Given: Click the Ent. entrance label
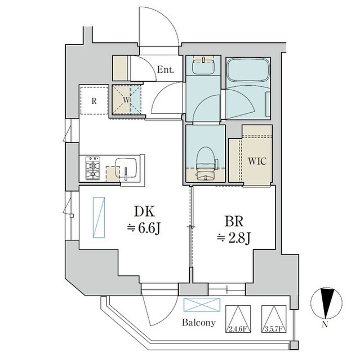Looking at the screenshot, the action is point(165,69).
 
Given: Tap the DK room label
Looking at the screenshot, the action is point(144,212).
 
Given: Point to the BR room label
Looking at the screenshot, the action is point(234,222).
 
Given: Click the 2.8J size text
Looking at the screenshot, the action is point(239,239).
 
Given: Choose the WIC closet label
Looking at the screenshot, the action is point(257,161).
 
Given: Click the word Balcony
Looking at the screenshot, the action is point(199,323).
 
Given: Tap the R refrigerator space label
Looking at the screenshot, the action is point(94,101).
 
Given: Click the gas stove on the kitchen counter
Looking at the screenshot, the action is point(93,168).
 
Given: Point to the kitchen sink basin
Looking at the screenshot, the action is point(126,168).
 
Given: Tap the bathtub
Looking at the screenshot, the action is point(248,70).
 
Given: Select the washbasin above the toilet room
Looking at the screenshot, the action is point(203,65).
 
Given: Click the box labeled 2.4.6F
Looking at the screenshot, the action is point(238,319).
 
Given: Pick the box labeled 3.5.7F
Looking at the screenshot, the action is point(274,319).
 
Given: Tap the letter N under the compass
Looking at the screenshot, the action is point(325,325).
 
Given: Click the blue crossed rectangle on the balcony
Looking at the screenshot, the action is point(202,305).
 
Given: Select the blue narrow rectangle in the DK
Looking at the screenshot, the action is point(99,217).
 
